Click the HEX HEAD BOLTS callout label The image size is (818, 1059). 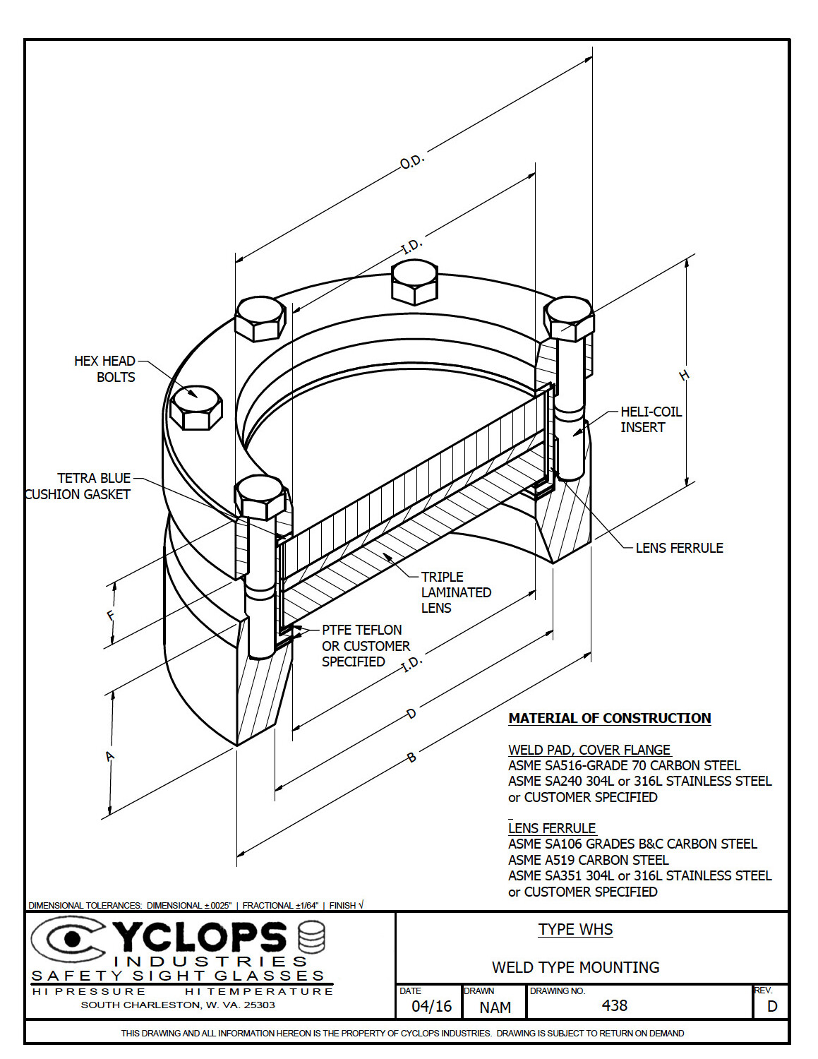[x=104, y=369]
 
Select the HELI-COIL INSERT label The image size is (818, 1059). [x=650, y=419]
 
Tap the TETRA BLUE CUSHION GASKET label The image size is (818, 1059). [x=78, y=486]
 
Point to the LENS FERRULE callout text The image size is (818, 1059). [x=678, y=548]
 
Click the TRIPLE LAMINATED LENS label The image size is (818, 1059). [x=455, y=592]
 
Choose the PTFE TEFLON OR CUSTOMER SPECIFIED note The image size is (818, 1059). [x=365, y=645]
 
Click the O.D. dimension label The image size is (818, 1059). [x=411, y=162]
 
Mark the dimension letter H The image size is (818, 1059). [x=683, y=376]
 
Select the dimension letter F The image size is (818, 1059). [x=111, y=615]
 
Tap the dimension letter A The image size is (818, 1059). [x=109, y=757]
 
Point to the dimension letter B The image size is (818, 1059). [x=411, y=758]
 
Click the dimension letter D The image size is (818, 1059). [x=411, y=714]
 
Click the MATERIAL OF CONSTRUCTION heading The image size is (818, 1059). [x=609, y=718]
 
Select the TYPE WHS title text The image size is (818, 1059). [x=575, y=929]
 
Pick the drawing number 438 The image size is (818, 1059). [x=614, y=1005]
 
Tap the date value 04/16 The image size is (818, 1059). [x=431, y=1006]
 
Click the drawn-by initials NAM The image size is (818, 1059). [x=495, y=1007]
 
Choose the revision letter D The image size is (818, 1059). [x=771, y=1006]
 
